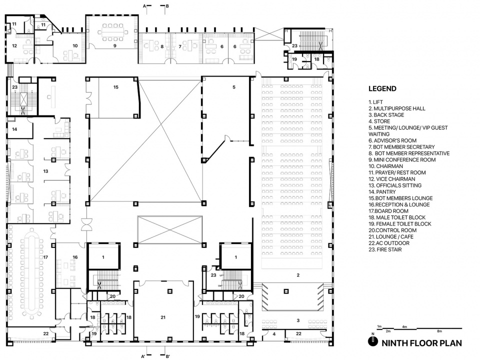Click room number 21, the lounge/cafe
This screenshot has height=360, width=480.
tap(163, 317)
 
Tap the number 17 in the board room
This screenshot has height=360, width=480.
tap(45, 257)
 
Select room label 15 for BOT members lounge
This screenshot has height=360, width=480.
tap(115, 87)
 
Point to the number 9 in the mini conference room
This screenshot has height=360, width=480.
tap(115, 46)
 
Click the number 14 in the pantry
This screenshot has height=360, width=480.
tap(14, 129)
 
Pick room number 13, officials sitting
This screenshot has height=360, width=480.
tap(45, 171)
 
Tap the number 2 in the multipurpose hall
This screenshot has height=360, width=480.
tap(298, 275)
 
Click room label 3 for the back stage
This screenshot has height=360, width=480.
tap(298, 320)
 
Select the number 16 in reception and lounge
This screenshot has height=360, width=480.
tap(75, 257)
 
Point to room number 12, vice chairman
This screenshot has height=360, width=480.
tap(14, 46)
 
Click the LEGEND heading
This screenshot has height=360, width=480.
tap(382, 89)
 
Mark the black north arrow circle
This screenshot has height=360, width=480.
tap(373, 341)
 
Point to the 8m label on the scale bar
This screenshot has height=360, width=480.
tap(439, 331)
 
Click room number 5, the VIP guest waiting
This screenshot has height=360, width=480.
tap(234, 87)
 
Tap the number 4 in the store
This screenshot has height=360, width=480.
tap(274, 334)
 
